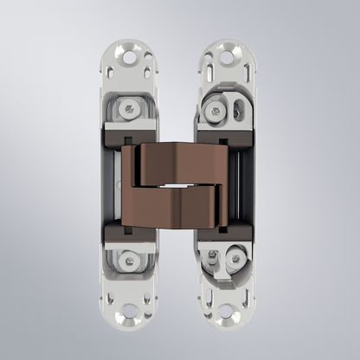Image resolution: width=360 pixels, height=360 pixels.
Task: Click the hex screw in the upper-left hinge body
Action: (x=130, y=109)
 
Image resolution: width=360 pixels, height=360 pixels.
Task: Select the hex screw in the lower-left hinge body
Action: (x=130, y=257)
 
